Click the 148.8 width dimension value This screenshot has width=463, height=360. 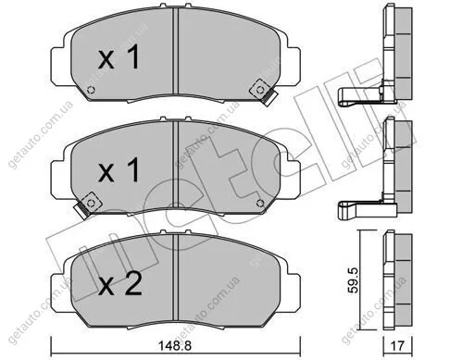pos(175,346)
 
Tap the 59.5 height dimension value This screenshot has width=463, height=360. pos(353,280)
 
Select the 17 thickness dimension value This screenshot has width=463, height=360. pos(397,346)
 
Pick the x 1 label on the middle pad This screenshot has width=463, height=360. pos(119,170)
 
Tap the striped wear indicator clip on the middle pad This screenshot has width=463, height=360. pos(81,211)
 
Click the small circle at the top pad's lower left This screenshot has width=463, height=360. pos(91,90)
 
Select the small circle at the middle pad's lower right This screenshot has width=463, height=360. pos(260,203)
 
